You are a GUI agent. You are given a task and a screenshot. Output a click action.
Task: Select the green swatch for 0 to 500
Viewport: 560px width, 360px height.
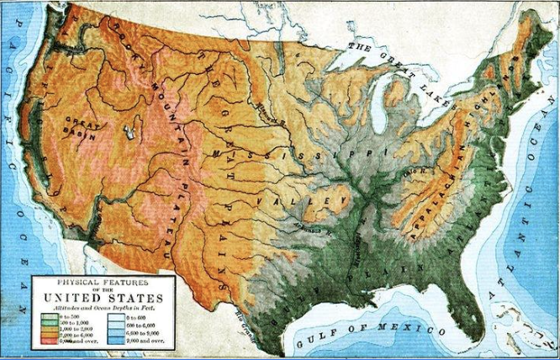click(48, 317)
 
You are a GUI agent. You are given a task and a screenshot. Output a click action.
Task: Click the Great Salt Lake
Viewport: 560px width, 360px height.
click(129, 132)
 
